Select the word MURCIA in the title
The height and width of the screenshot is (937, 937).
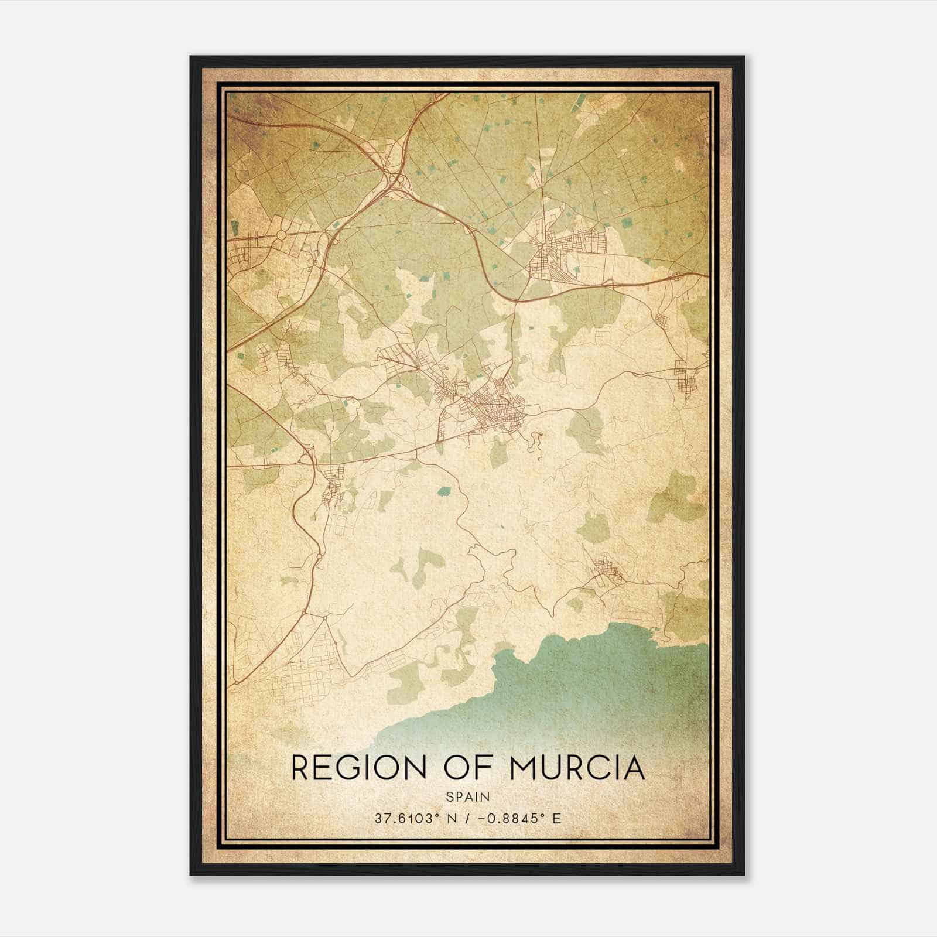577,768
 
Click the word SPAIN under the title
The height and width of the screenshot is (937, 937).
468,797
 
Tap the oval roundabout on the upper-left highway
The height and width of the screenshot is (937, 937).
281,235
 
